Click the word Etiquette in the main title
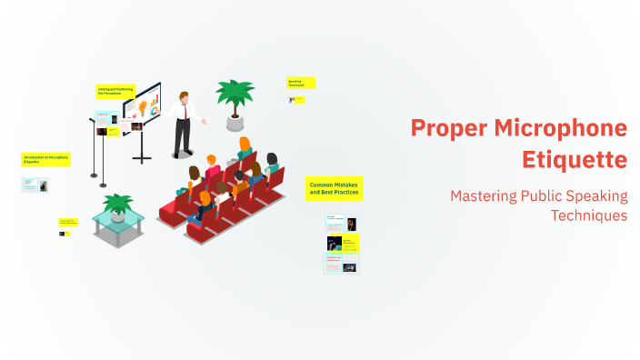point(575,159)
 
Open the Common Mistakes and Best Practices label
point(335,188)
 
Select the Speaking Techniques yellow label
point(301,83)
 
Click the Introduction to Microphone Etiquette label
point(45,159)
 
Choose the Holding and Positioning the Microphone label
point(115,91)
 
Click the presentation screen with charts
point(142,107)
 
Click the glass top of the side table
point(117,218)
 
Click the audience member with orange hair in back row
point(244,145)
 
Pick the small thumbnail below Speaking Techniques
point(299,100)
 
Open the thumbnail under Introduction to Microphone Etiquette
point(35,185)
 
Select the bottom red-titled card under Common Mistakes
point(342,264)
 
